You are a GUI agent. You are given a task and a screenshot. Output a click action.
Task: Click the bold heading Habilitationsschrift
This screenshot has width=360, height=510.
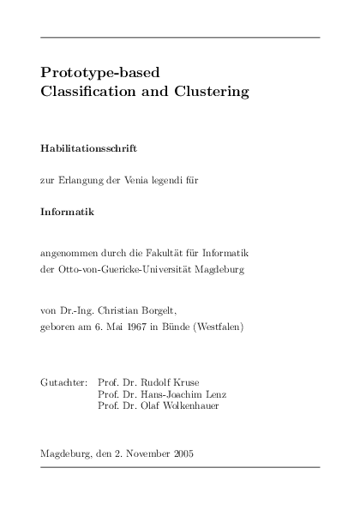pyautogui.click(x=89, y=147)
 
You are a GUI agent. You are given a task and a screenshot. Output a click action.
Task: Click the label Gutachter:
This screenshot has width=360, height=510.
pyautogui.click(x=64, y=380)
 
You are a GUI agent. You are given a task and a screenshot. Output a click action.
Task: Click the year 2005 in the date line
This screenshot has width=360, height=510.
pyautogui.click(x=182, y=453)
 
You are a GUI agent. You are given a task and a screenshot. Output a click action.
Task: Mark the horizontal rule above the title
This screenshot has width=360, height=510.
pyautogui.click(x=180, y=38)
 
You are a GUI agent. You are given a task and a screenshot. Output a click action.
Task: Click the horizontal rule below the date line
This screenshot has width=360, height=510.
pyautogui.click(x=180, y=468)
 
